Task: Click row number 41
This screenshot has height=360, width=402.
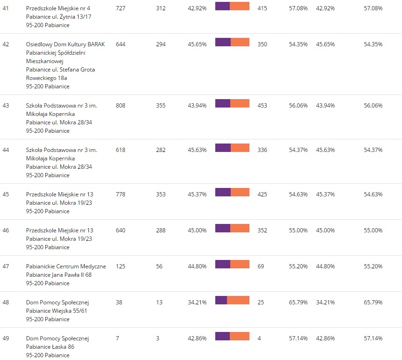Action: tap(6, 8)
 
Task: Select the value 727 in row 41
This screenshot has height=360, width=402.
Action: tap(120, 8)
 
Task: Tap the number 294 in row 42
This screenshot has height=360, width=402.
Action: tap(161, 44)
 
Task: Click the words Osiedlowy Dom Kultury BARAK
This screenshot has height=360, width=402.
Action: tap(66, 44)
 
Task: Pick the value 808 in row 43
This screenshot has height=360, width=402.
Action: tap(120, 106)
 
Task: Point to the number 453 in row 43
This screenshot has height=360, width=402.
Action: tap(262, 106)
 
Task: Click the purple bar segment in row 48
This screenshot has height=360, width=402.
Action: tap(221, 300)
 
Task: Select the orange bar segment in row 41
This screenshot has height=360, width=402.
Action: tap(240, 6)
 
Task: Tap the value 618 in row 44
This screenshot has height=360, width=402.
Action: tap(120, 150)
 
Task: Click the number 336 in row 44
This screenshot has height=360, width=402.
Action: tap(262, 150)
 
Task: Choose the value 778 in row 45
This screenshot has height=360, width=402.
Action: tap(120, 194)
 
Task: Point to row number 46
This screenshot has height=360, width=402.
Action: tap(6, 230)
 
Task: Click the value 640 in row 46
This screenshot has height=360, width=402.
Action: tap(120, 230)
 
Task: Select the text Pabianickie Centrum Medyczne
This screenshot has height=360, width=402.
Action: tap(66, 266)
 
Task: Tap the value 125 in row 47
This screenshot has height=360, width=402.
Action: tap(120, 266)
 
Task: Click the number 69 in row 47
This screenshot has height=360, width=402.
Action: tap(261, 266)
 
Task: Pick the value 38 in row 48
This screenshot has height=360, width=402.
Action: tap(119, 302)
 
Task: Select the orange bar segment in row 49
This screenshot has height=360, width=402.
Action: tap(240, 336)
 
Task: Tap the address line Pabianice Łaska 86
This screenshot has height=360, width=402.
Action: tap(50, 347)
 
